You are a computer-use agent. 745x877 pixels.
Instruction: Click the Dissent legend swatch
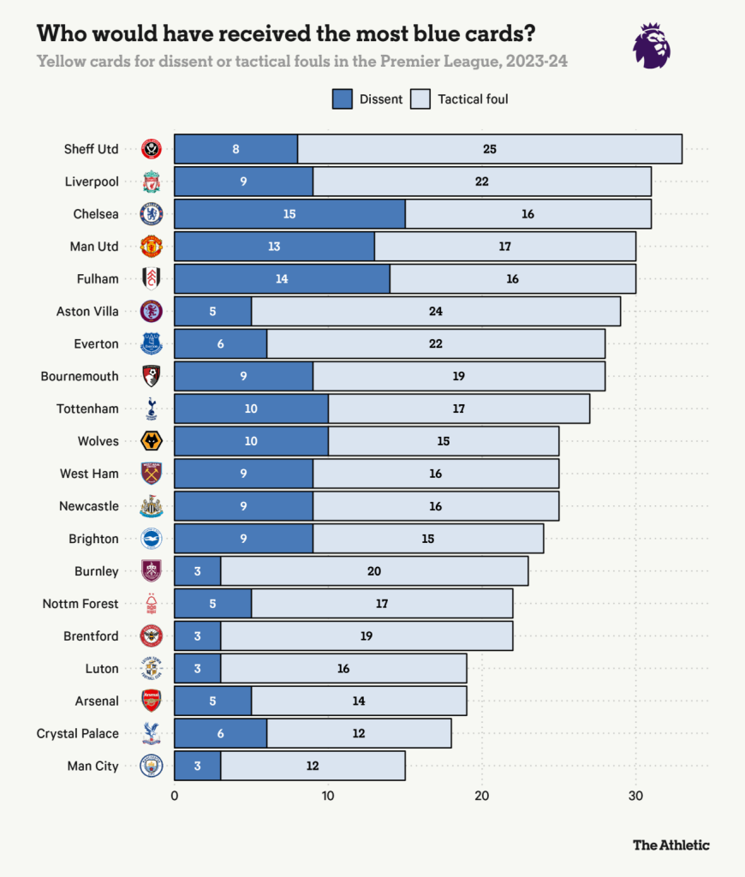point(342,98)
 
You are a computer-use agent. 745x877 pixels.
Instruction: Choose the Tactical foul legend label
point(473,98)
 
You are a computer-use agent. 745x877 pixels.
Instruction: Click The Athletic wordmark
point(671,844)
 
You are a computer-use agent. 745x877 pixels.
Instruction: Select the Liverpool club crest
point(152,182)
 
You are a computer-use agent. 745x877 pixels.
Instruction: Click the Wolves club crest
point(152,441)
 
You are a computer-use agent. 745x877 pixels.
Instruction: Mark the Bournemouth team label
point(80,376)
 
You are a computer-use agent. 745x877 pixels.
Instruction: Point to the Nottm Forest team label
point(80,604)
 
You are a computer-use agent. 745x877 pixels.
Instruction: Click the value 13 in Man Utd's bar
point(274,247)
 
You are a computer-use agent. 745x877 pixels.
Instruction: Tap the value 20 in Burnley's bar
point(373,571)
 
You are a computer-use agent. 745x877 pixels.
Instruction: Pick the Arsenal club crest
point(152,701)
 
